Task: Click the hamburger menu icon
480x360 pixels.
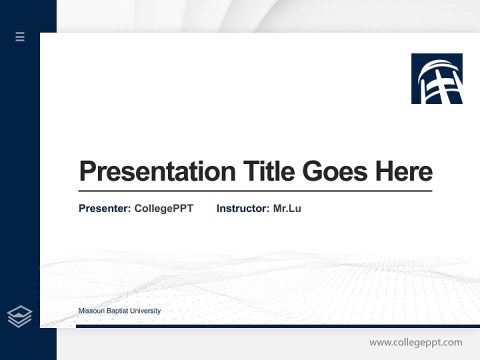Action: pyautogui.click(x=20, y=36)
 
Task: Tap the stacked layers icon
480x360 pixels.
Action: pyautogui.click(x=19, y=316)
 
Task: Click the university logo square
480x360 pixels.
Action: pyautogui.click(x=436, y=78)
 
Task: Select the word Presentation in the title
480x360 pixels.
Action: pyautogui.click(x=157, y=171)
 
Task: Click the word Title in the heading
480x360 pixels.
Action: pyautogui.click(x=269, y=171)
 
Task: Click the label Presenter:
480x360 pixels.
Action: pyautogui.click(x=105, y=208)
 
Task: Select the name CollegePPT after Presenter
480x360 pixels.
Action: pyautogui.click(x=163, y=208)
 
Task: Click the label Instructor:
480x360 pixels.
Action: pyautogui.click(x=242, y=208)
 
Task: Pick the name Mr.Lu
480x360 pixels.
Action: pyautogui.click(x=287, y=208)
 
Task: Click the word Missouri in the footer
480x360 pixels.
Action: pyautogui.click(x=90, y=311)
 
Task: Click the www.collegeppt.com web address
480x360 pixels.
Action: pyautogui.click(x=415, y=342)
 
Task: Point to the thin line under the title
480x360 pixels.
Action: pyautogui.click(x=255, y=191)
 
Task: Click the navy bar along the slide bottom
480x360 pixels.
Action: pyautogui.click(x=277, y=326)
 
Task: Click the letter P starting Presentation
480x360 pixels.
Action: pyautogui.click(x=87, y=171)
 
